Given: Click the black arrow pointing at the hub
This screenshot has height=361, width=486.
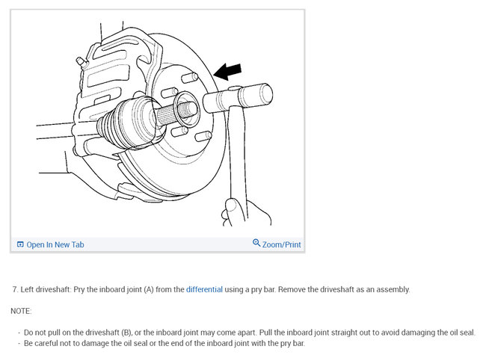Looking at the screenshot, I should [230, 70].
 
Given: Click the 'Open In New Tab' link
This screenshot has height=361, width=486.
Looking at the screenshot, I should [55, 244].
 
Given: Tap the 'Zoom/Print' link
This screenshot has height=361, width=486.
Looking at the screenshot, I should [282, 244].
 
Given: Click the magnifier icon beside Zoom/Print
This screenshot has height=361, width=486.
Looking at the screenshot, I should [256, 244].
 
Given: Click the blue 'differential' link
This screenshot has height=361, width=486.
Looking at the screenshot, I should [204, 289].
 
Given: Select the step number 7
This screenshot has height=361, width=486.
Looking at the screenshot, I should [15, 289].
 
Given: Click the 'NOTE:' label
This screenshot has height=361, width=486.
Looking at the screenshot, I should [22, 310].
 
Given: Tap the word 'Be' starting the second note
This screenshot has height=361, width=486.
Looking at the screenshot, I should [29, 343].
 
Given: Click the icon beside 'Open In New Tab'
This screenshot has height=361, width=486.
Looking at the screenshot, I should [20, 244].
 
